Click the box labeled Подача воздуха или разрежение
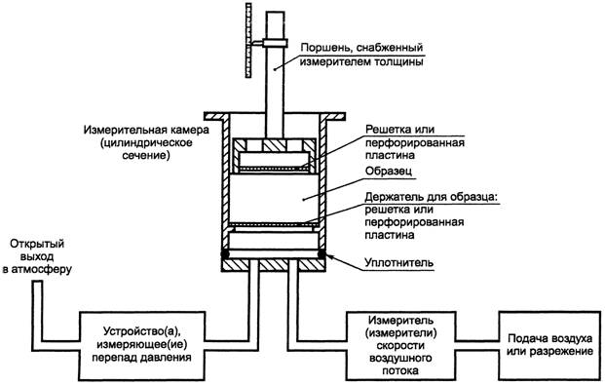[549, 345]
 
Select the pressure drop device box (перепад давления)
[141, 345]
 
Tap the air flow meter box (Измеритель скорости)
[400, 345]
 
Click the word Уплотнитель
[399, 263]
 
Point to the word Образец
[389, 171]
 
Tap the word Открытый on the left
[37, 244]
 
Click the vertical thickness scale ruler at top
[248, 41]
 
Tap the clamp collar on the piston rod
[275, 43]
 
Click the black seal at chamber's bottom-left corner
[224, 253]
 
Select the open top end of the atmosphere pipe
[37, 283]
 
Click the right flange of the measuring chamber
[332, 115]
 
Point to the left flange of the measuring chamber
[217, 115]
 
